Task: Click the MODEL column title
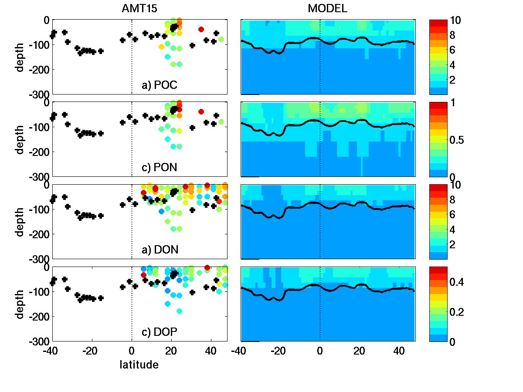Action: (328, 8)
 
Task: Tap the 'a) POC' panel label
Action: (160, 85)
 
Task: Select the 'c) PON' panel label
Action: (160, 168)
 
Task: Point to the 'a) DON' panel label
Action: (160, 250)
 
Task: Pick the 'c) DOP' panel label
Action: (160, 332)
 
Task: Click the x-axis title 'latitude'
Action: (139, 365)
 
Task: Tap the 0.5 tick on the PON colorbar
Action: (462, 140)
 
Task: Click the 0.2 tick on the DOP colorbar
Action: (462, 312)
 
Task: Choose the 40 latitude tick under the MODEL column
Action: (399, 351)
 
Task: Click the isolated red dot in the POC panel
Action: (201, 29)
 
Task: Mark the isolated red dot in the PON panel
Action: (201, 112)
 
